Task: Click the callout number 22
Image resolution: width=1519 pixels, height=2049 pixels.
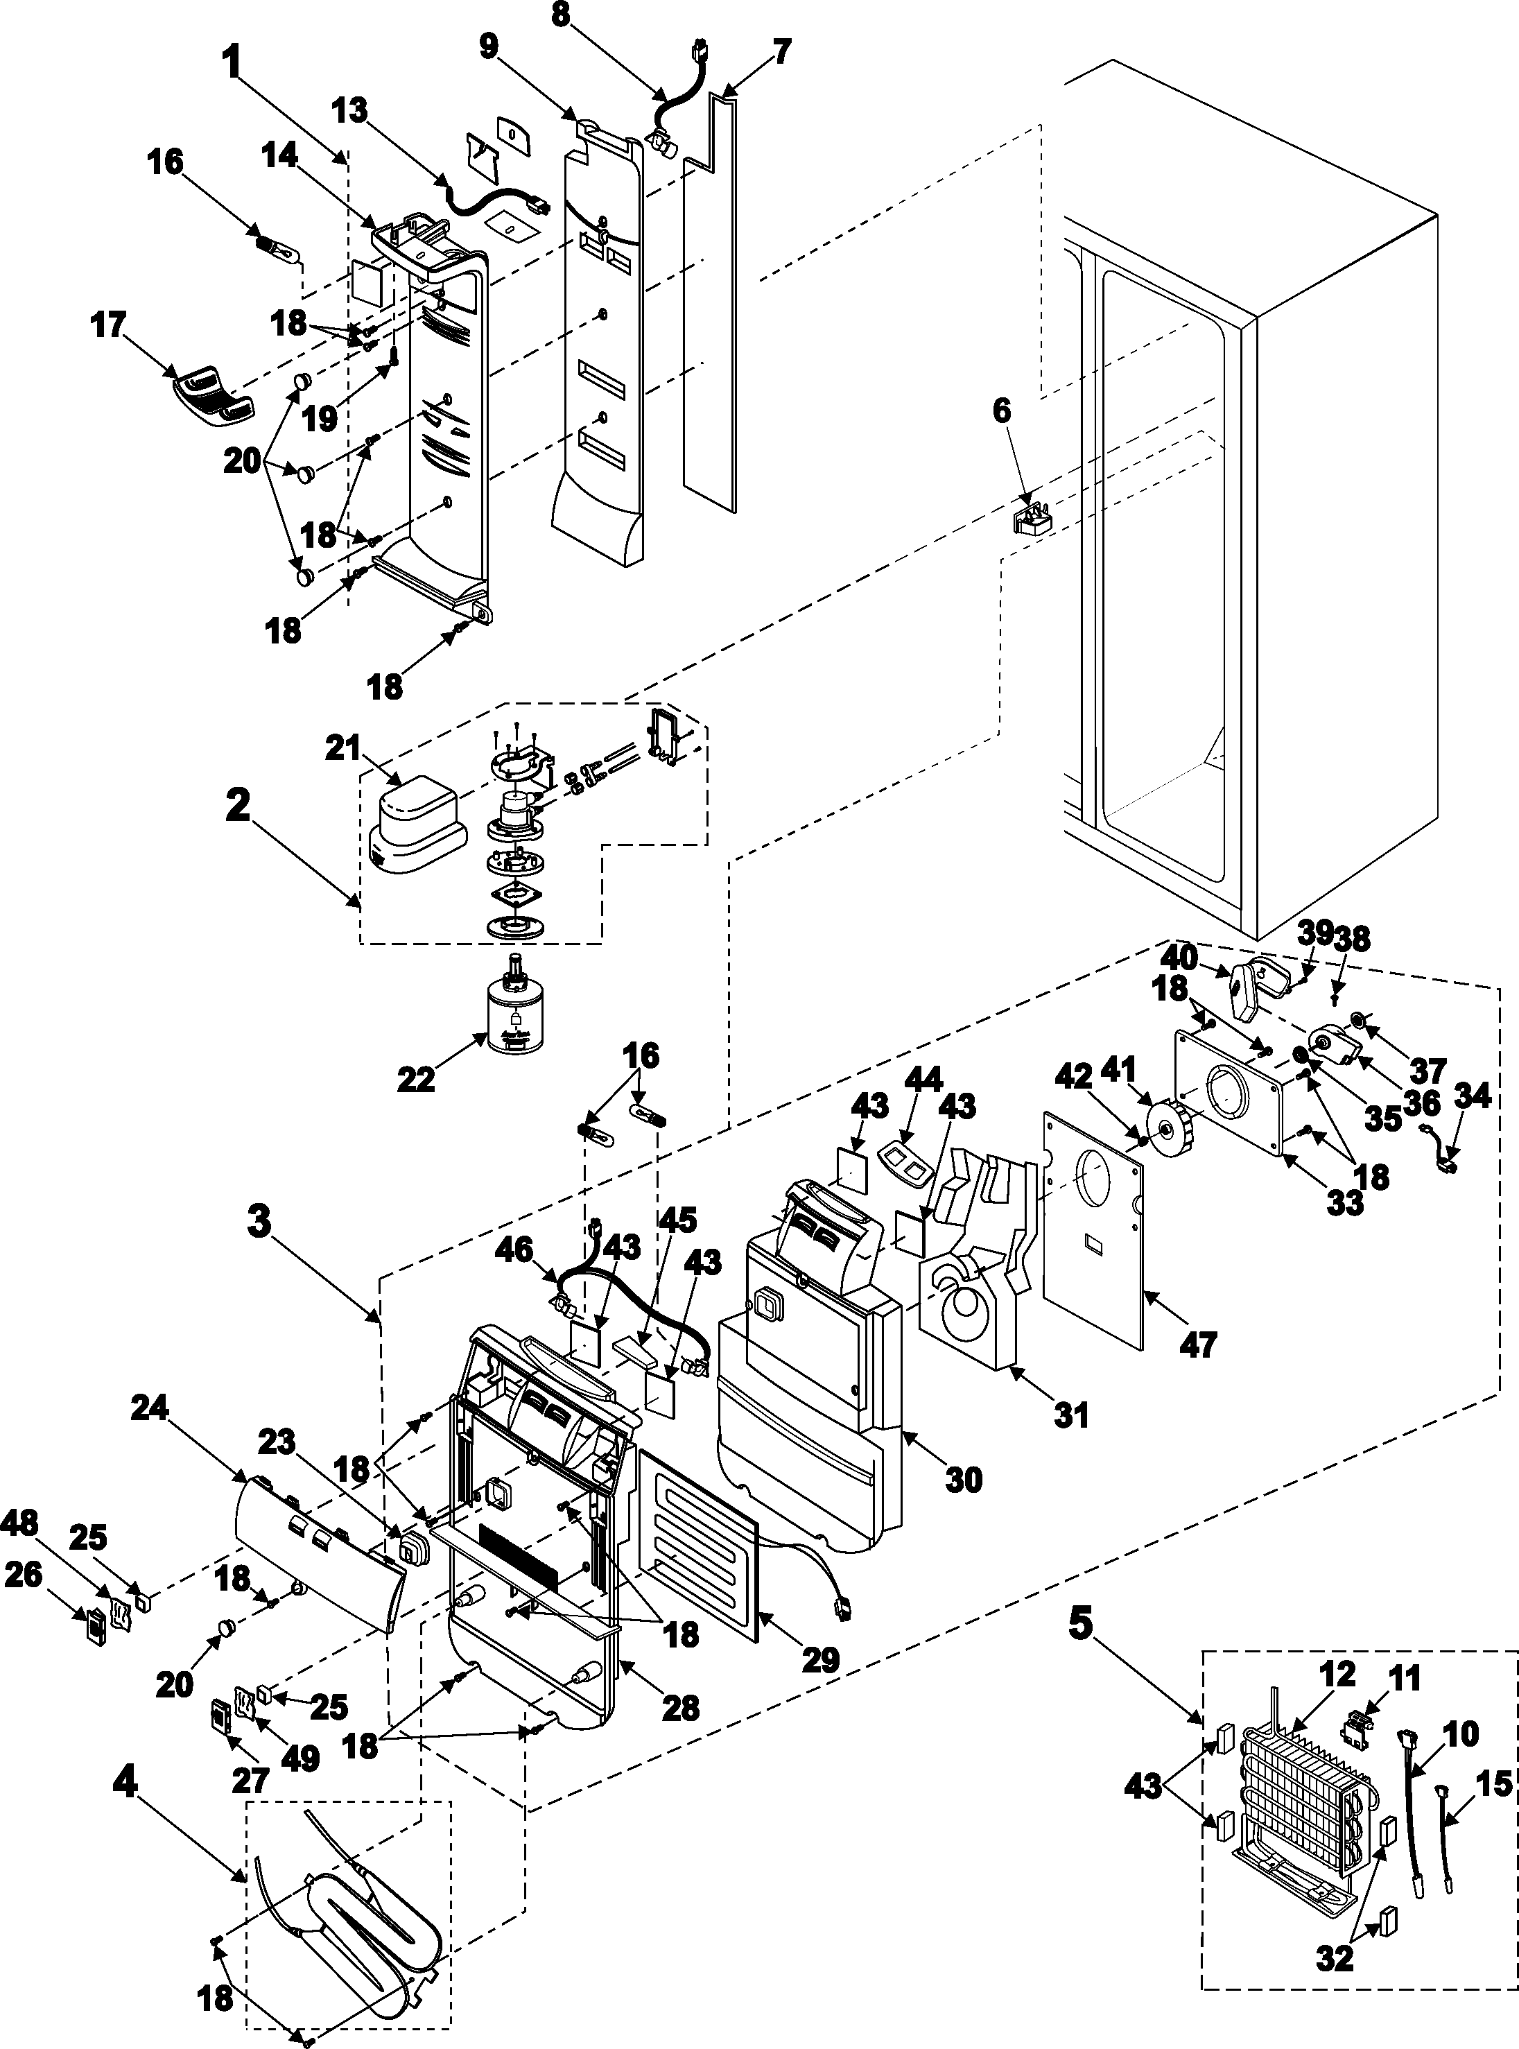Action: click(x=415, y=1079)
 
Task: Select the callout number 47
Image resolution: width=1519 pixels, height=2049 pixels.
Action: click(x=1198, y=1345)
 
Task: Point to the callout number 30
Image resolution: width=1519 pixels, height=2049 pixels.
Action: click(x=964, y=1479)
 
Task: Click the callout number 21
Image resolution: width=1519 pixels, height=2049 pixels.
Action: click(x=342, y=749)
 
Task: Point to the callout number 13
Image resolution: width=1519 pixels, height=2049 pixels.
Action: click(x=350, y=110)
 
